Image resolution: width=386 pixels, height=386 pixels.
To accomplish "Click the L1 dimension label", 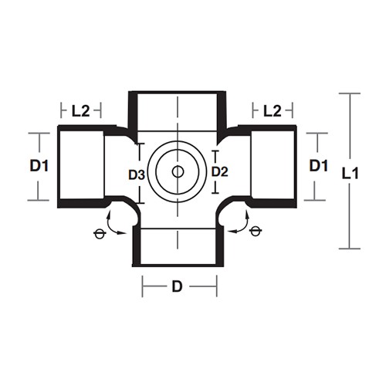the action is (x=350, y=174).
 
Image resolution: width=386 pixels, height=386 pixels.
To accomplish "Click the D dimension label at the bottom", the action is (x=177, y=286).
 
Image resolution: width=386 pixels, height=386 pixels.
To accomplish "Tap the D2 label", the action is (x=219, y=171).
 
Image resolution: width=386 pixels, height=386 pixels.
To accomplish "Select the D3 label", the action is (x=137, y=175).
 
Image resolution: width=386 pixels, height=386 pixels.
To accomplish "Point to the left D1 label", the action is (x=39, y=166).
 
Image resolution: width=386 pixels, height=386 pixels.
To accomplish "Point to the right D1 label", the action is (x=319, y=165).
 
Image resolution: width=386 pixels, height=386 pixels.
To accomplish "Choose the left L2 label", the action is (x=80, y=111).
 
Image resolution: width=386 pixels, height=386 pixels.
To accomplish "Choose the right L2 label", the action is (x=273, y=111).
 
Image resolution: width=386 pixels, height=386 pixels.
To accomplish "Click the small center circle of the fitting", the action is (x=178, y=171).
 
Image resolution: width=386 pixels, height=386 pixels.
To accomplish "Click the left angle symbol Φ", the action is (x=100, y=234).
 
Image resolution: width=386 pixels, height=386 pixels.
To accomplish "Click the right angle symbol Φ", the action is (x=255, y=231).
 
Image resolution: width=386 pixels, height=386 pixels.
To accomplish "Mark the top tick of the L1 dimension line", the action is (x=350, y=93).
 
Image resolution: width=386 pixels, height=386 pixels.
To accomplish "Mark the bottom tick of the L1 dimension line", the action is (x=350, y=249).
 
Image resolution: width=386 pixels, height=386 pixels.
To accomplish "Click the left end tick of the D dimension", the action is (x=142, y=286).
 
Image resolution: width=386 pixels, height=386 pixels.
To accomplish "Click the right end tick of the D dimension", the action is (x=217, y=286).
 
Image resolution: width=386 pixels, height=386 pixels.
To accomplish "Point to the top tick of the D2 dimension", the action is (x=215, y=151).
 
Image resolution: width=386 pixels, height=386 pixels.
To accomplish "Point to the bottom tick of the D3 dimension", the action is (x=139, y=203).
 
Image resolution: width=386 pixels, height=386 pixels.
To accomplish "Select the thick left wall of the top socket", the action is (x=133, y=113).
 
